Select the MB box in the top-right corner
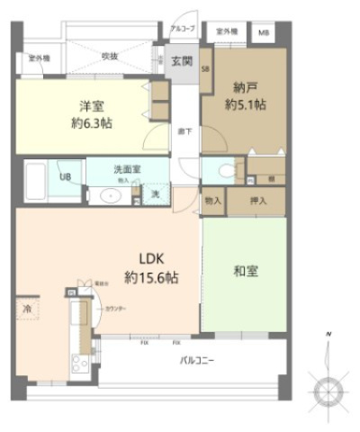264,32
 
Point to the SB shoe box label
205,69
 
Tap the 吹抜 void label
110,56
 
